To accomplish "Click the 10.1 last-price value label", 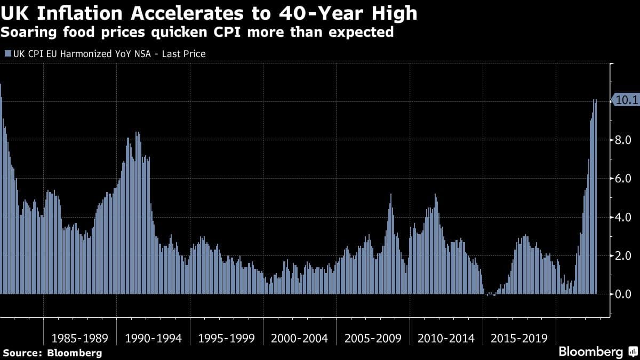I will point(627,100).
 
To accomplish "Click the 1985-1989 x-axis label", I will point(79,338).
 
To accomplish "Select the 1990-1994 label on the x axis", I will point(153,338).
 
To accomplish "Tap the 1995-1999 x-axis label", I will point(226,338).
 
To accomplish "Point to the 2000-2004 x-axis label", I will point(299,338).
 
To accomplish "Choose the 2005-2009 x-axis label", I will point(373,338).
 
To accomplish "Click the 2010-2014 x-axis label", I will point(446,338).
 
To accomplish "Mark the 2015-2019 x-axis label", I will point(519,338).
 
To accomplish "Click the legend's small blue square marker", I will point(7,54).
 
